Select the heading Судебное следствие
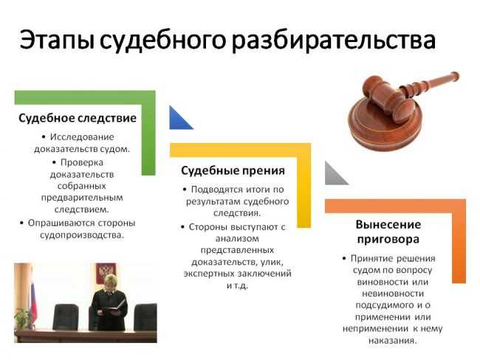[78, 118]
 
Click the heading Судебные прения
[233, 170]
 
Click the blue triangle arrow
[179, 118]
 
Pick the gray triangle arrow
[335, 174]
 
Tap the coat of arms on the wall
[105, 270]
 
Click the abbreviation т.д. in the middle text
[244, 285]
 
